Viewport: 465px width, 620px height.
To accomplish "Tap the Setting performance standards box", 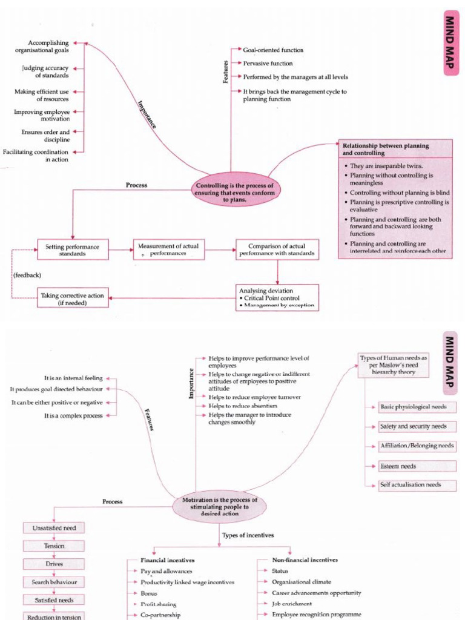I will click(x=73, y=249).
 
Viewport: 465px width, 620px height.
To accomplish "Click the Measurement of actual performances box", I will click(x=169, y=249).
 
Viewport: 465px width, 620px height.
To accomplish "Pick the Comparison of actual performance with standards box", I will click(x=277, y=249).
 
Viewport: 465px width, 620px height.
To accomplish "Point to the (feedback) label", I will click(x=27, y=275).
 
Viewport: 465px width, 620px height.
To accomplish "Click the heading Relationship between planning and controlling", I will click(x=386, y=149).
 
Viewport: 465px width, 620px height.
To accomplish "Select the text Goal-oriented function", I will click(x=273, y=50).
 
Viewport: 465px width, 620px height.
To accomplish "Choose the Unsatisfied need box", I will click(x=54, y=528).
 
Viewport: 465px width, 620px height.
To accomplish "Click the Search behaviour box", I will click(x=54, y=582).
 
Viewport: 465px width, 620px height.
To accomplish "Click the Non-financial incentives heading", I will click(x=306, y=560).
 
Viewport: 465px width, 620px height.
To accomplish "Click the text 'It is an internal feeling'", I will click(x=73, y=378).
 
